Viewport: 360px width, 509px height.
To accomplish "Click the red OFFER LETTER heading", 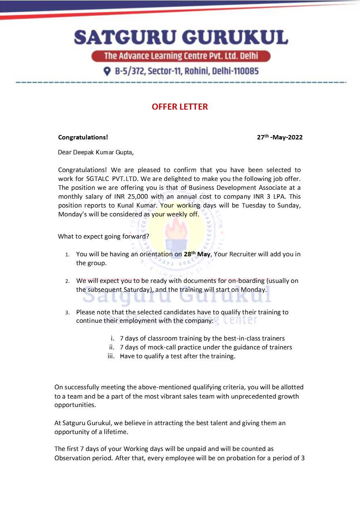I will click(180, 107).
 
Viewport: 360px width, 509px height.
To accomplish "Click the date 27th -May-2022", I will click(280, 137).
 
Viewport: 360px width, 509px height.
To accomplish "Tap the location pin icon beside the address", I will click(107, 71).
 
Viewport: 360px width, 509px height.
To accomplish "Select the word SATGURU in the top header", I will click(123, 38).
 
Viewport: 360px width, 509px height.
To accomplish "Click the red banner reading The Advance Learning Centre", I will click(181, 56).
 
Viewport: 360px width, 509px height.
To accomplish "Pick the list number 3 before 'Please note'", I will click(67, 313).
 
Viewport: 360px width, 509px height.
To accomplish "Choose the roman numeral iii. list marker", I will click(111, 357).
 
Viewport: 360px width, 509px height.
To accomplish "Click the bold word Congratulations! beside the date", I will click(83, 137).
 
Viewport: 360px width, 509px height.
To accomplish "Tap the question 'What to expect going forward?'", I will click(104, 237).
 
